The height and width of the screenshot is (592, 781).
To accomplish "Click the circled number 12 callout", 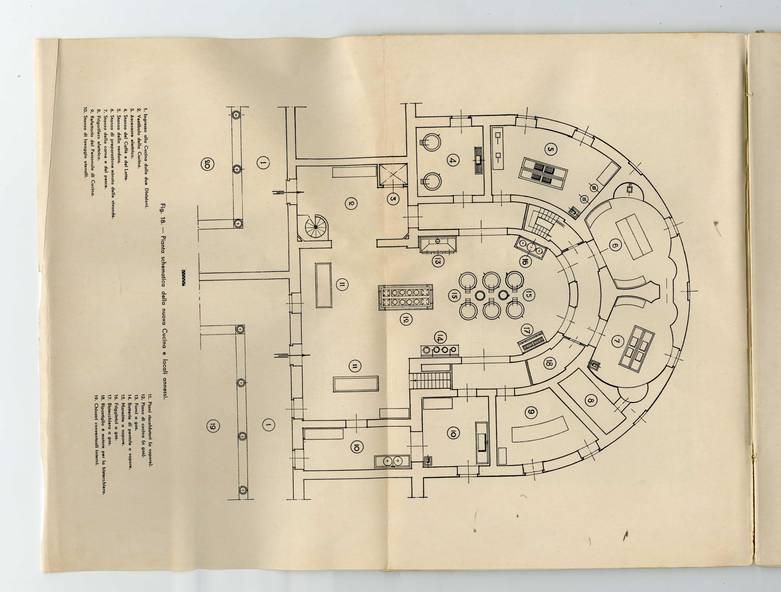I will (x=406, y=320).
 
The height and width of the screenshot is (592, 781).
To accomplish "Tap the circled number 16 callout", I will (x=524, y=262).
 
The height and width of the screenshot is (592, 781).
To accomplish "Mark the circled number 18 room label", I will (x=549, y=363).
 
